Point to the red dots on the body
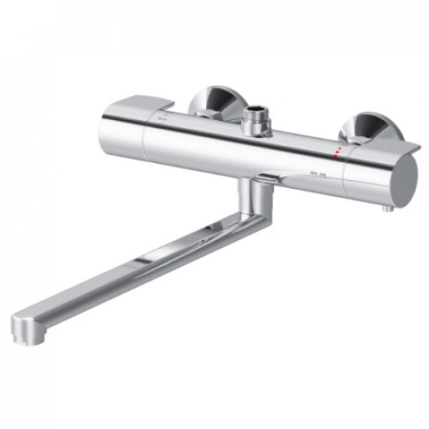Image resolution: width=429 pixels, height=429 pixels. [x=337, y=151]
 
